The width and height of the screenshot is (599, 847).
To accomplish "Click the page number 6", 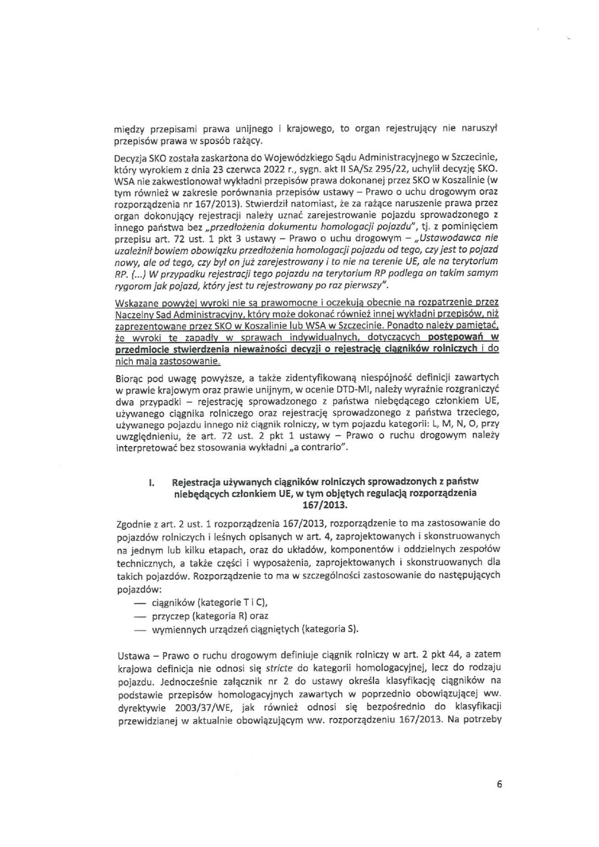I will pos(499,785).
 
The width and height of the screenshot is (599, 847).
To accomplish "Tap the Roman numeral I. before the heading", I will pos(151,483).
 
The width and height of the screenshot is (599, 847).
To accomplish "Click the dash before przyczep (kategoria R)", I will pos(143,615).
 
